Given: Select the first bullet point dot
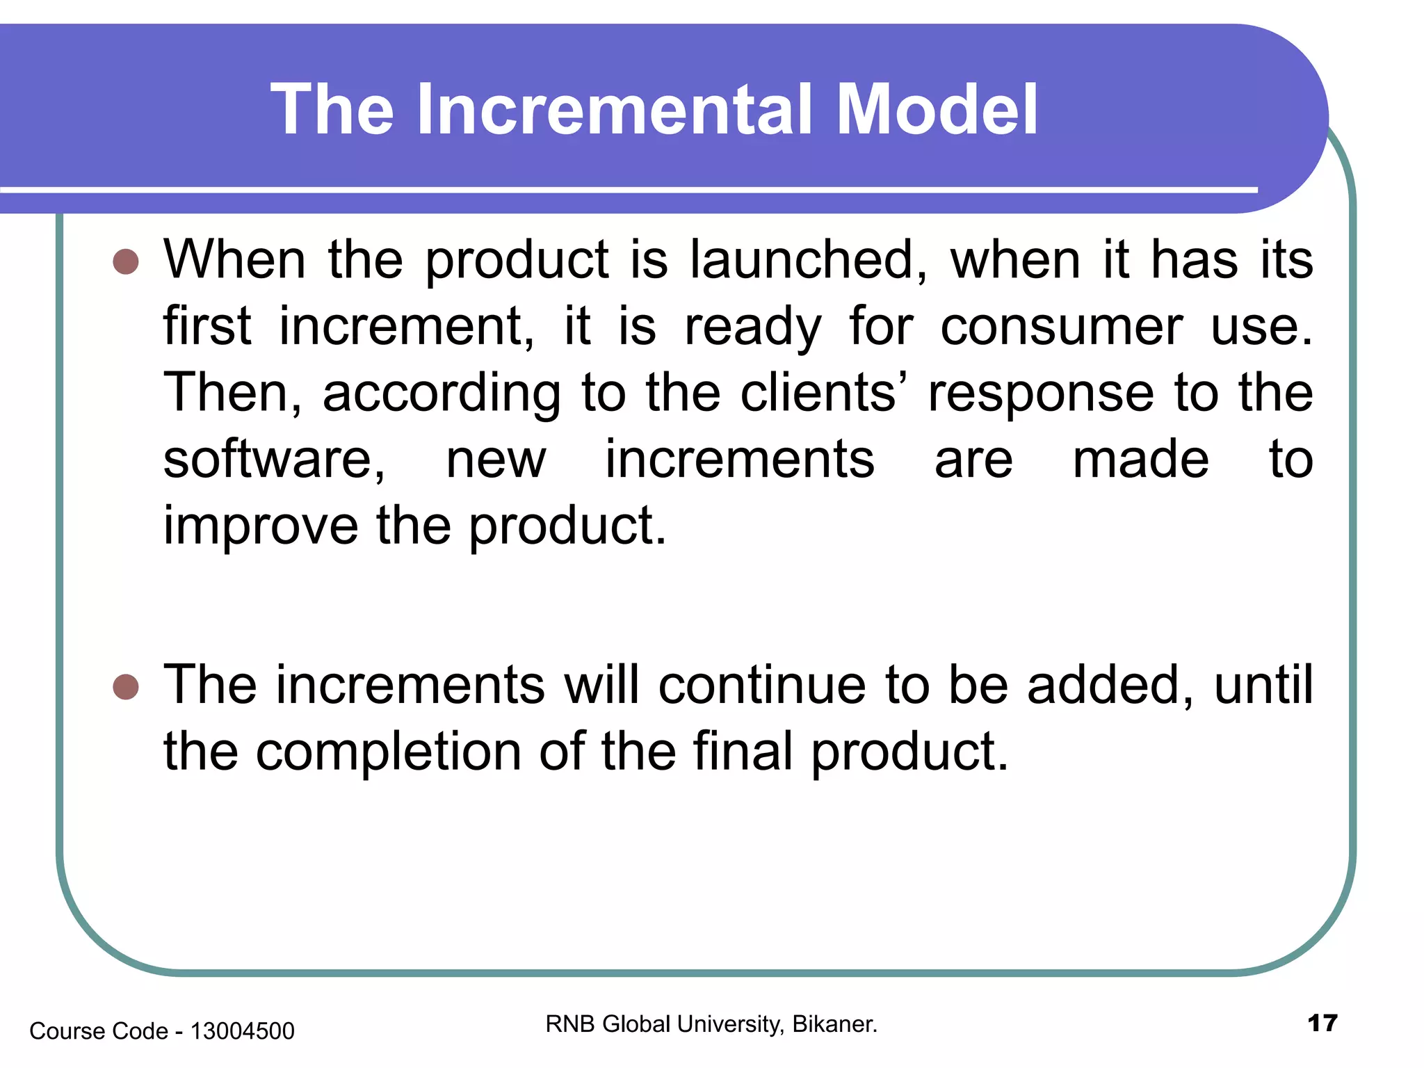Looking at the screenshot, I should [126, 262].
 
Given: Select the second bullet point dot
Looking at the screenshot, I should [126, 687].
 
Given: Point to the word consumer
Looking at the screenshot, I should [1061, 326].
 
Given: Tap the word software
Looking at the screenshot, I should [274, 460].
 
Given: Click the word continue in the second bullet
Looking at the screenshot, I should [762, 685].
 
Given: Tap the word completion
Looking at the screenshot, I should [388, 752].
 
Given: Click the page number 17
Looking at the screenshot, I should [1322, 1023].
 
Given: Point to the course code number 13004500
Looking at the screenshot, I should [242, 1031].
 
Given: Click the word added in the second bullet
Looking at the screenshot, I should [1110, 685].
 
